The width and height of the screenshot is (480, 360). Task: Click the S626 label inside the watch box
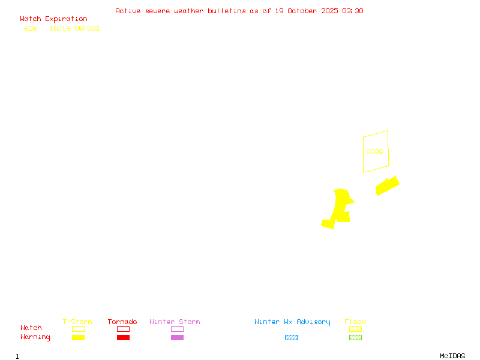click(374, 152)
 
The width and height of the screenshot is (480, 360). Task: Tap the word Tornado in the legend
click(122, 322)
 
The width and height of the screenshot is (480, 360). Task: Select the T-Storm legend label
click(77, 322)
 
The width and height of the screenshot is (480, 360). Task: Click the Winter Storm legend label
click(175, 322)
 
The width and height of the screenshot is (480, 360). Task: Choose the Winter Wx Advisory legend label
click(292, 322)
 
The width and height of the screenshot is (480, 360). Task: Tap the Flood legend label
click(355, 322)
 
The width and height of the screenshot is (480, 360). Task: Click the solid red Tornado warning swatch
click(123, 338)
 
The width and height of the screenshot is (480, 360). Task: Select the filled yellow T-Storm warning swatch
click(78, 338)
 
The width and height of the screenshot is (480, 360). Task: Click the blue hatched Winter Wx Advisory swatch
click(291, 338)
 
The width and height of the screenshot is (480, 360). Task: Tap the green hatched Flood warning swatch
click(355, 338)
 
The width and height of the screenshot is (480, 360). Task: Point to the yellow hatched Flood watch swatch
click(355, 329)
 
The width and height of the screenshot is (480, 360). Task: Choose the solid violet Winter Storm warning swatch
click(177, 338)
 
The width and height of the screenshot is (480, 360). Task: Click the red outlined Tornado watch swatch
click(123, 329)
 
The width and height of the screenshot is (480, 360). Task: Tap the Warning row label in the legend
click(35, 337)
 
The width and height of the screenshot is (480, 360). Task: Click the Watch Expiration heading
click(53, 19)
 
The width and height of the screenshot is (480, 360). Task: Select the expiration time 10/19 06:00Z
click(74, 28)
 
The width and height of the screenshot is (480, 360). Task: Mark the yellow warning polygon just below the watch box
click(387, 186)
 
